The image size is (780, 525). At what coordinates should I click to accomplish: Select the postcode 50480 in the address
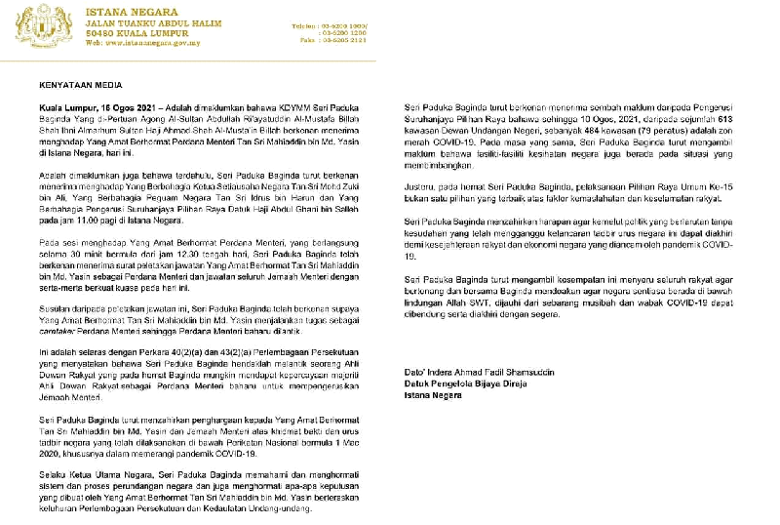[104, 31]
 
